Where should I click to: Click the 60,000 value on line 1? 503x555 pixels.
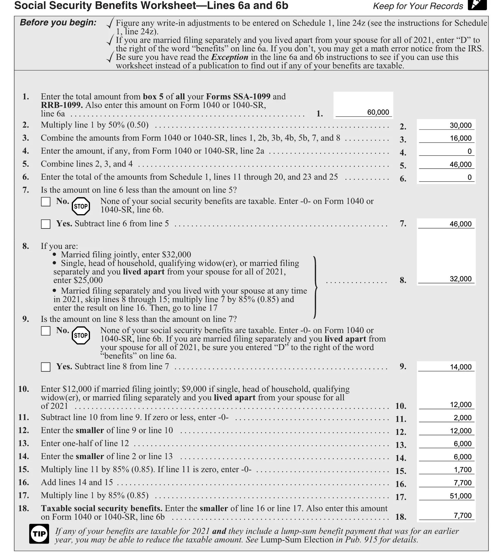378,112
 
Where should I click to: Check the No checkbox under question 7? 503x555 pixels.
46,202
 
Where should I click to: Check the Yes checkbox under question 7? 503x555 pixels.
46,224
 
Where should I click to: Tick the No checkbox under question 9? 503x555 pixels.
46,331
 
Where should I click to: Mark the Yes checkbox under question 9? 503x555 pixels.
46,367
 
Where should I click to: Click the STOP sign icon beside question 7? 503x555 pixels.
81,206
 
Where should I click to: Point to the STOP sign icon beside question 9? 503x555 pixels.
81,335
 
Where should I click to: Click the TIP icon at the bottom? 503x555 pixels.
39,534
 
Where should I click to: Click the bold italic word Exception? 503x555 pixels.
230,57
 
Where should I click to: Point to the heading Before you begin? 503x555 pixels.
58,22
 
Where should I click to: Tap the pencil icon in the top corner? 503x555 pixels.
477,5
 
